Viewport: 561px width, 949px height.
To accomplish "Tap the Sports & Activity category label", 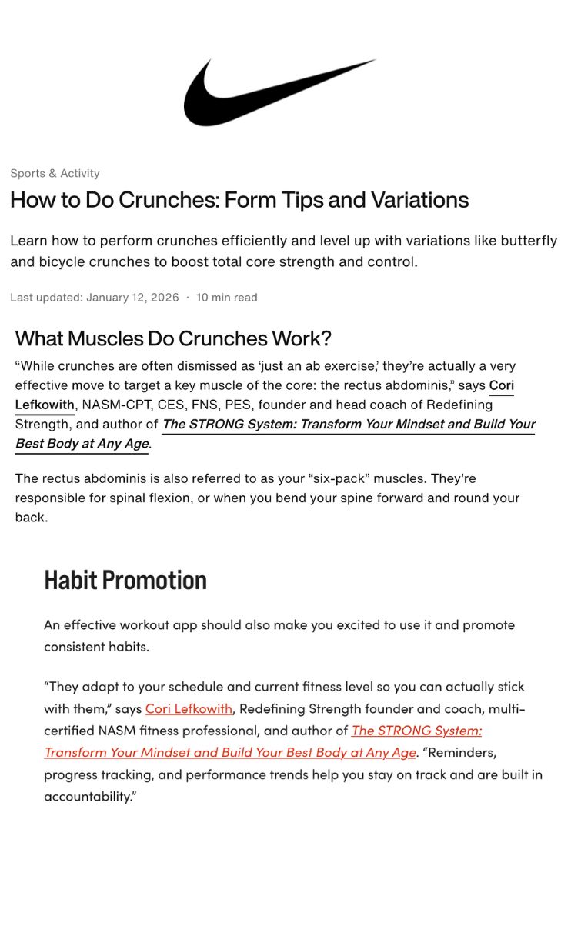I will click(55, 173).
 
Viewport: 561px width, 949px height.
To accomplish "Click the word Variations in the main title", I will click(419, 200).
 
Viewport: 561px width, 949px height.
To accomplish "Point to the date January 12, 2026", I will click(132, 297).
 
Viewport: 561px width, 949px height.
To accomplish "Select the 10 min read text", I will click(226, 297).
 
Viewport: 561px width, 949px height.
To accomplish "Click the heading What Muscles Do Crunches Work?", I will click(173, 338).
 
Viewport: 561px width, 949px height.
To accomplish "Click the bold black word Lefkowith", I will click(45, 405).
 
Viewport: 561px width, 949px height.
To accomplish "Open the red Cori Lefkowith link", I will click(189, 708).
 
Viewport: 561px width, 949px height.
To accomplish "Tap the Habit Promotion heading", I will click(125, 580).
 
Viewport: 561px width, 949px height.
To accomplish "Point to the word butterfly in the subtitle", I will click(529, 241).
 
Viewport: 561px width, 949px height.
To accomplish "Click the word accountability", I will click(88, 797).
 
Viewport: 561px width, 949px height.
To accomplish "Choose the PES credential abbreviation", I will click(240, 405).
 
